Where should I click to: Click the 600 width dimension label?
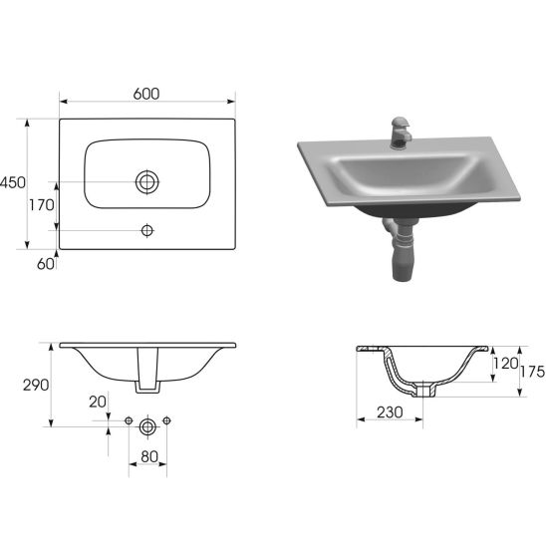(146, 94)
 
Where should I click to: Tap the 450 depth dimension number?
(13, 182)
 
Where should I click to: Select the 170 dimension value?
(42, 205)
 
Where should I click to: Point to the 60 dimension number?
(46, 264)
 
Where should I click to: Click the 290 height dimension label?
(36, 386)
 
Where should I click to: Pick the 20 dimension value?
(98, 402)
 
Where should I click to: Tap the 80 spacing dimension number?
(149, 456)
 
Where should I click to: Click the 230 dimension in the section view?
(390, 412)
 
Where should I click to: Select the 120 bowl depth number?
(505, 364)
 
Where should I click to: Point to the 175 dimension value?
(532, 372)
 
